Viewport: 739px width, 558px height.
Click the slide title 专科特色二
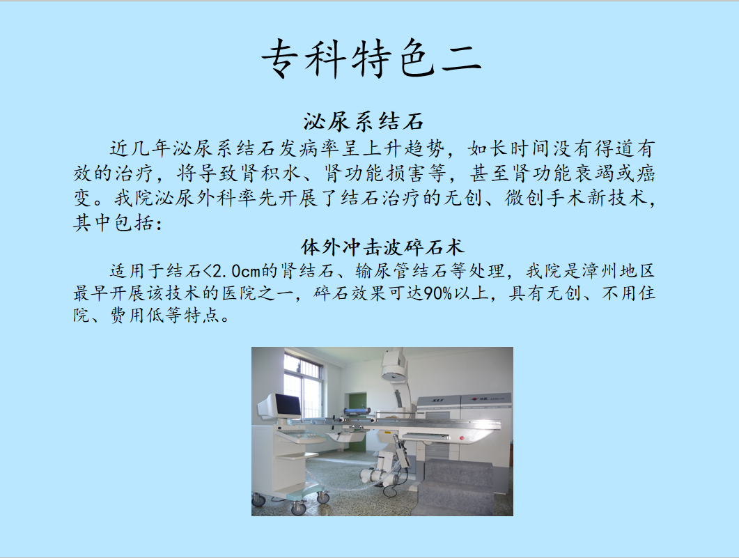coord(371,59)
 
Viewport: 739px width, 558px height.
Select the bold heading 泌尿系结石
coord(364,121)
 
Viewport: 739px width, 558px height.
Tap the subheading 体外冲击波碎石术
coord(382,247)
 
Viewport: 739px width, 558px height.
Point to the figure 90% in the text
coord(438,293)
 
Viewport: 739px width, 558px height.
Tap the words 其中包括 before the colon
coord(114,222)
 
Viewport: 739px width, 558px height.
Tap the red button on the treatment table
coord(462,439)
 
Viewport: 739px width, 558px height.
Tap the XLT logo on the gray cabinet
coord(439,401)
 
